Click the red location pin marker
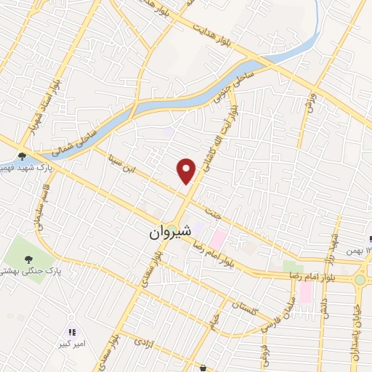click(x=187, y=170)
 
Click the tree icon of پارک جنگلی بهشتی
click(x=28, y=259)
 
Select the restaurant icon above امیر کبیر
click(x=71, y=332)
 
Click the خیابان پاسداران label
click(x=355, y=334)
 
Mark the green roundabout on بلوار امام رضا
click(x=360, y=279)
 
